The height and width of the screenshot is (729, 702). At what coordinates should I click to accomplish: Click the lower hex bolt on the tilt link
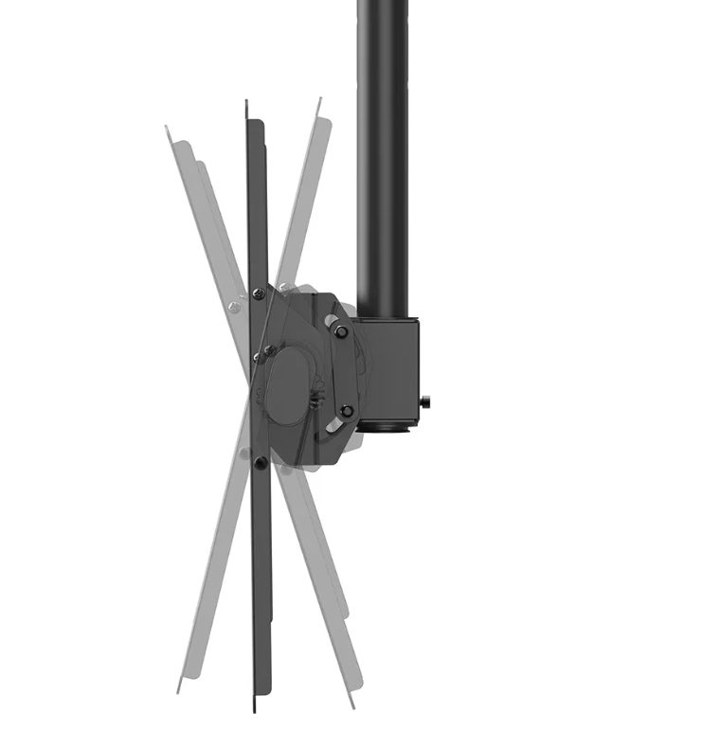pyautogui.click(x=347, y=410)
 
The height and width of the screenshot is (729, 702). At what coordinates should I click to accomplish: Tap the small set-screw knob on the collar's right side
pyautogui.click(x=426, y=402)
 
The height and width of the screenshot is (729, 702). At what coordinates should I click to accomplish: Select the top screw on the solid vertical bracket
pyautogui.click(x=259, y=294)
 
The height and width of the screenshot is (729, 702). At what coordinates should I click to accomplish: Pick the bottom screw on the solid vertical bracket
pyautogui.click(x=261, y=462)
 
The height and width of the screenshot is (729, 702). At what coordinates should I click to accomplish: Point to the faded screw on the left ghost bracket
pyautogui.click(x=233, y=305)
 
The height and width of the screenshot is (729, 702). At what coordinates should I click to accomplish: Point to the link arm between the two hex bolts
pyautogui.click(x=344, y=370)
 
